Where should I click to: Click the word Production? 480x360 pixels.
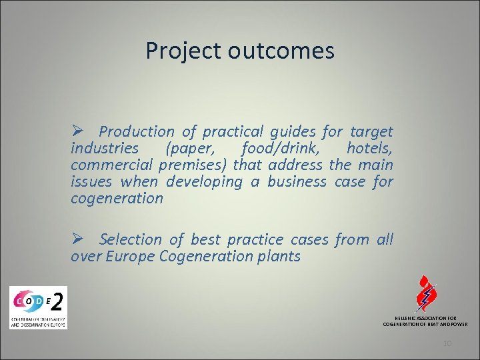pos(137,132)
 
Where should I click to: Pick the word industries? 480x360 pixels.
pos(105,148)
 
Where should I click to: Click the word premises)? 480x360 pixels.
pos(194,165)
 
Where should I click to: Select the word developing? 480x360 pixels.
pos(205,181)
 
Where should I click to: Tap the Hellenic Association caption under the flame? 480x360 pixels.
pos(425,321)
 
